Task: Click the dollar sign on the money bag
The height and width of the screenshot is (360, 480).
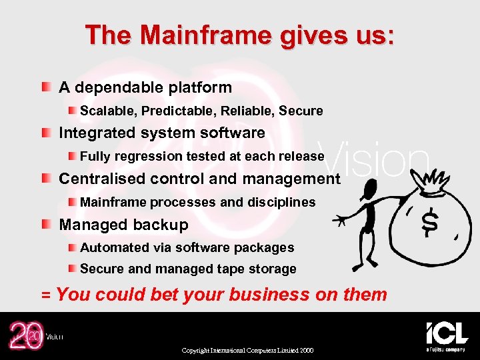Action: (x=430, y=223)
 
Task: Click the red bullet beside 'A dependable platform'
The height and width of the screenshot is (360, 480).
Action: (x=44, y=87)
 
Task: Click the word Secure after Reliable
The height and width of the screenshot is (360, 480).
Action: (x=301, y=111)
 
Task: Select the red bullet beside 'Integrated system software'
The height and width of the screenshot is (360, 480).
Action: (x=44, y=133)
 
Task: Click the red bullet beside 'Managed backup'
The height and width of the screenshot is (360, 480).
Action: (x=44, y=225)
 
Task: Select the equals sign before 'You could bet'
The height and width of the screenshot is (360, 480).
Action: (x=46, y=295)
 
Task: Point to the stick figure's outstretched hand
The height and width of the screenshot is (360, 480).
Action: (x=339, y=219)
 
